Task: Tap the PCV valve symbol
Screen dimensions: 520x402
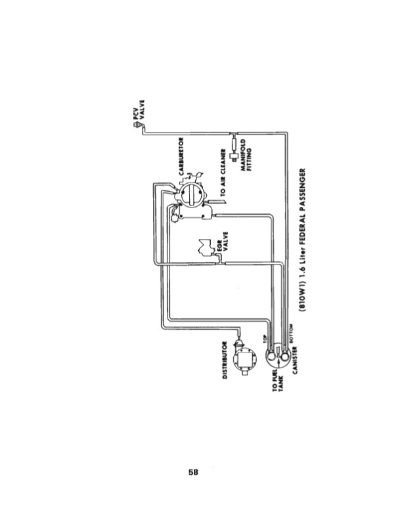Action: (x=137, y=130)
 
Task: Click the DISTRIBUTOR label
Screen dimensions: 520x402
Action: (x=225, y=360)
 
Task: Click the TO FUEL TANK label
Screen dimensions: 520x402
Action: (x=277, y=379)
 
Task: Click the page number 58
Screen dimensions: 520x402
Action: (x=194, y=471)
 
